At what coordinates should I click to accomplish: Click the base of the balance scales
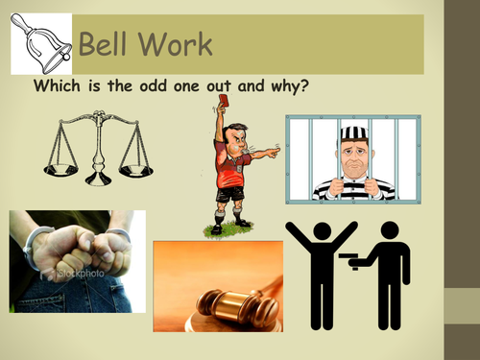[x=99, y=180]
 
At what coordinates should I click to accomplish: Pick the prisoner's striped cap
[x=353, y=133]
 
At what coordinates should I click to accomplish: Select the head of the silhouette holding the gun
[x=390, y=231]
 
